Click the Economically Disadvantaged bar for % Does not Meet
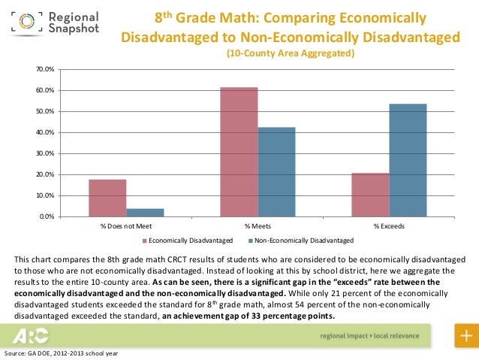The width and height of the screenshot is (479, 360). pyautogui.click(x=107, y=198)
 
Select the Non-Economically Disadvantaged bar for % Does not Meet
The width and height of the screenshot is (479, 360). pyautogui.click(x=145, y=212)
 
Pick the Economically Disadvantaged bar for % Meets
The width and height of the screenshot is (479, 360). pyautogui.click(x=239, y=152)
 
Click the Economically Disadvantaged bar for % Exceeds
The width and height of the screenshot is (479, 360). pyautogui.click(x=370, y=195)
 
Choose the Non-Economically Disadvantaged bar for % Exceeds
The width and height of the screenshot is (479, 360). pyautogui.click(x=408, y=160)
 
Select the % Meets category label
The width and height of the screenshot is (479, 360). pyautogui.click(x=258, y=225)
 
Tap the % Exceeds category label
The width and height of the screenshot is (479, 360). pyautogui.click(x=389, y=225)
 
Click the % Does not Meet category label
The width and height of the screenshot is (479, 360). pyautogui.click(x=126, y=225)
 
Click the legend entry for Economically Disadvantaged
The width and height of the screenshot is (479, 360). pyautogui.click(x=188, y=241)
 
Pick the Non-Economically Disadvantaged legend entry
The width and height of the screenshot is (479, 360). pyautogui.click(x=300, y=241)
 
